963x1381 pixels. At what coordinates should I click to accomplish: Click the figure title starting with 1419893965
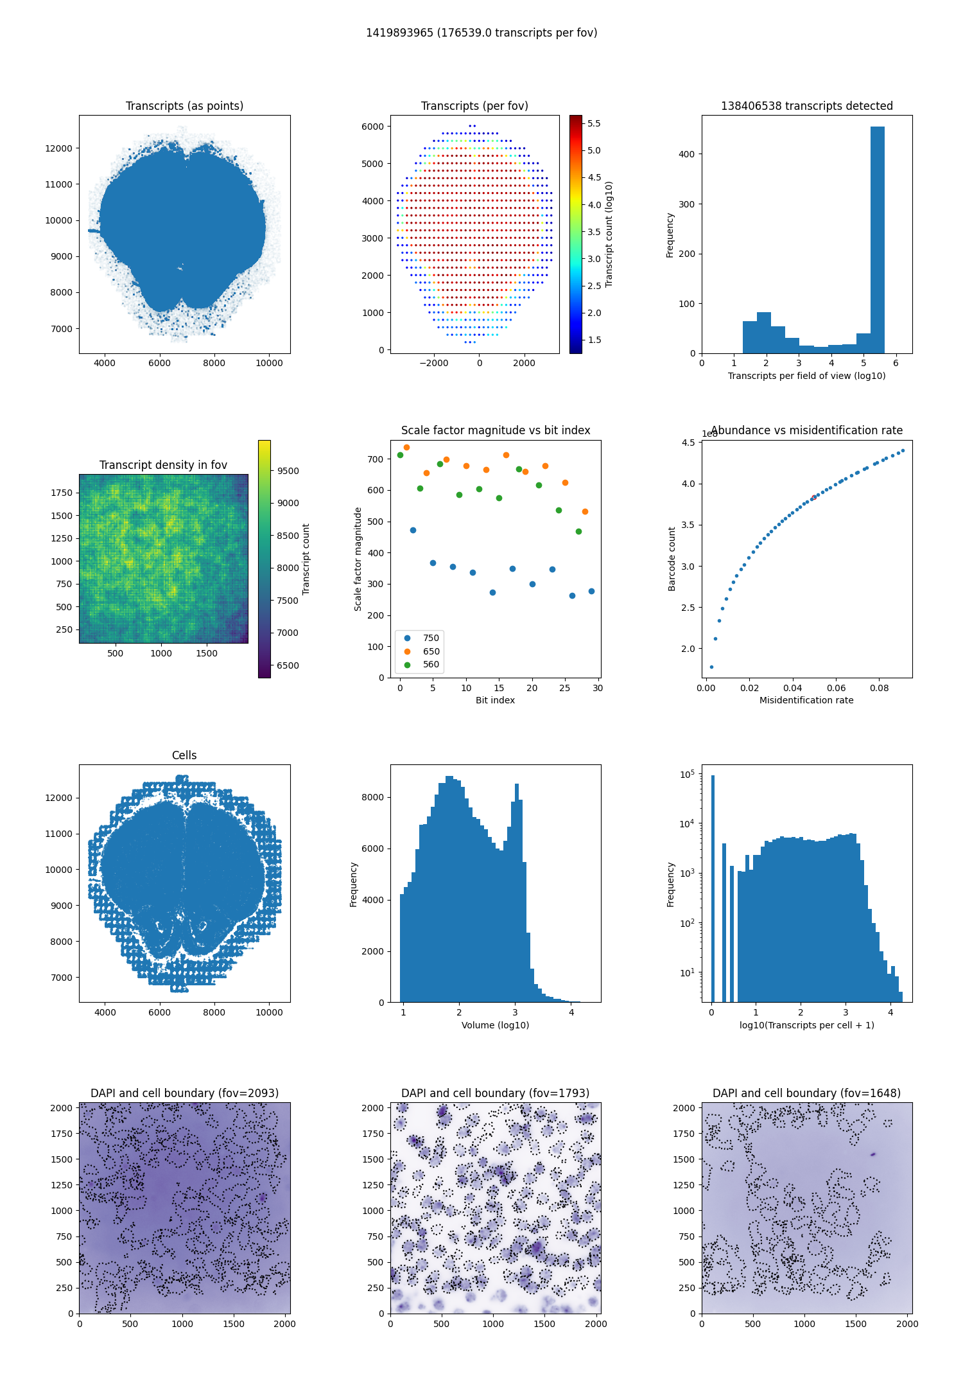[x=481, y=33]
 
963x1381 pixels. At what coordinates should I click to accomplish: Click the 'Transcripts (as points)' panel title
[x=184, y=106]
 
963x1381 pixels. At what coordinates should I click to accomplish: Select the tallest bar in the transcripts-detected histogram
[x=878, y=240]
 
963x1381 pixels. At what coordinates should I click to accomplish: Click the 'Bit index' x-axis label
[x=495, y=700]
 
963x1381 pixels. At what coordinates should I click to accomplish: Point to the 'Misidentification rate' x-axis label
[x=806, y=700]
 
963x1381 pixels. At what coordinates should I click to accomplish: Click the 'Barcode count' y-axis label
[x=672, y=559]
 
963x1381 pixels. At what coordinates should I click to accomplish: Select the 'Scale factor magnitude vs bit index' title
[x=496, y=430]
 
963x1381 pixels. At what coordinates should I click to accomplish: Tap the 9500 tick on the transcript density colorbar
[x=288, y=471]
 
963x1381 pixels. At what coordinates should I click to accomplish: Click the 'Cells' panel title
[x=184, y=755]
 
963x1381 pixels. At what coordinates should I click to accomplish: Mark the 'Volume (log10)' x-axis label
[x=495, y=1025]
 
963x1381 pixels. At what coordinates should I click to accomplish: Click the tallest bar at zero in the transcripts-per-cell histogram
[x=713, y=888]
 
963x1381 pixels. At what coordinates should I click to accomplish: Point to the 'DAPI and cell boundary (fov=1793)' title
[x=495, y=1093]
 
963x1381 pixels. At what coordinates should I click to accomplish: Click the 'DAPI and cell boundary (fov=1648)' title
[x=806, y=1093]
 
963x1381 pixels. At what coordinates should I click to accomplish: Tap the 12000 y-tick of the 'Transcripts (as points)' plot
[x=58, y=148]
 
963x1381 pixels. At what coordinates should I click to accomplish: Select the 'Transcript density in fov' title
[x=163, y=465]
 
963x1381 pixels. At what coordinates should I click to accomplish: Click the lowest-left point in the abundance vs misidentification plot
[x=711, y=667]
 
